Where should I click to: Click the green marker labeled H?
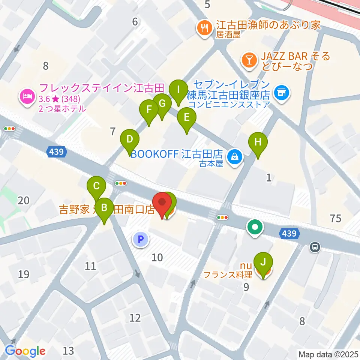click(258, 143)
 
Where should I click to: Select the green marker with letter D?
click(129, 139)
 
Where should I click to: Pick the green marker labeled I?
click(178, 90)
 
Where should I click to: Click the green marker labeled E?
click(186, 118)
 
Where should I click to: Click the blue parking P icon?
click(141, 239)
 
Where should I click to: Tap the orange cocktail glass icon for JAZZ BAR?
click(249, 60)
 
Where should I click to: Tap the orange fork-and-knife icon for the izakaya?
click(204, 28)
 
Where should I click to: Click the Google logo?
click(25, 351)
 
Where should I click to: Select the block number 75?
click(336, 218)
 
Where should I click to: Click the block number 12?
click(135, 318)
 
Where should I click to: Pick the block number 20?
click(23, 201)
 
